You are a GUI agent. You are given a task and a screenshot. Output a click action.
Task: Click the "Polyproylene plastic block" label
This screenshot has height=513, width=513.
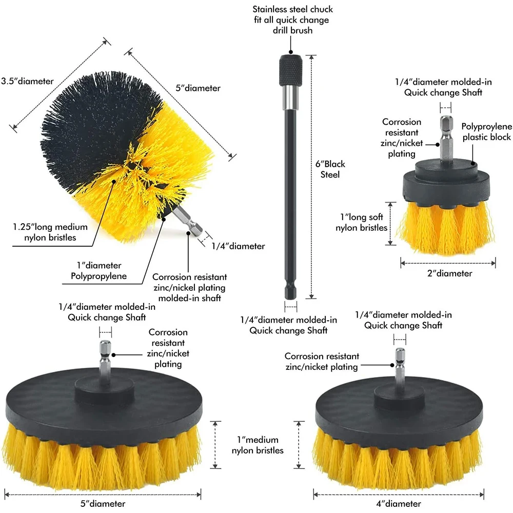coord(486,131)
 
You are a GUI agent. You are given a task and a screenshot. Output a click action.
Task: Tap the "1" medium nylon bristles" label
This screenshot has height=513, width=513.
coord(258,445)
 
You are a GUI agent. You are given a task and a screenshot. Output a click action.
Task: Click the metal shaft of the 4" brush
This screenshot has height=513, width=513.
coord(400,365)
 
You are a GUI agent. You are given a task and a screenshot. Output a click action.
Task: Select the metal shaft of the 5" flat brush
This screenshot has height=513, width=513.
coord(105,357)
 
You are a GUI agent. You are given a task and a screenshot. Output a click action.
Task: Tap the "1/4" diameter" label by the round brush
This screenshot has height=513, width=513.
coord(239,246)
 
